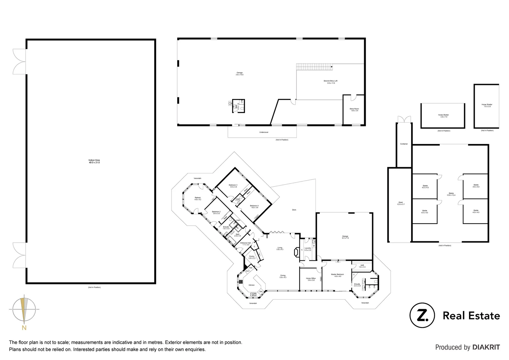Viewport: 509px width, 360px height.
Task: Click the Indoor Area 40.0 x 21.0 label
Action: [x=94, y=161]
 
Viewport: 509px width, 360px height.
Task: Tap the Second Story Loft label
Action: [x=330, y=82]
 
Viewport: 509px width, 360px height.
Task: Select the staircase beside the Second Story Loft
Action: [x=314, y=67]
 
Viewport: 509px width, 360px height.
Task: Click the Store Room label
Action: [x=354, y=110]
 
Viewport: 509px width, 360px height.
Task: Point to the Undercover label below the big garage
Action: [x=263, y=132]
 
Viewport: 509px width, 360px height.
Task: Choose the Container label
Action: [x=404, y=144]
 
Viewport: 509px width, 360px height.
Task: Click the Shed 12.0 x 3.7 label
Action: [x=400, y=203]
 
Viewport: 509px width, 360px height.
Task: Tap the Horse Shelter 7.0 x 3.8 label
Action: [x=487, y=105]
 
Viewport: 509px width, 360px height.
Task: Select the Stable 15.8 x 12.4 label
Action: [x=451, y=194]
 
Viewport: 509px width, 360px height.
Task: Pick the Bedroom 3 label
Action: [x=233, y=186]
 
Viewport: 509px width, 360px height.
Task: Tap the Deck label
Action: [x=294, y=210]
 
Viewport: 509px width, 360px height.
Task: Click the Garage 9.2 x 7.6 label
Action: [x=345, y=237]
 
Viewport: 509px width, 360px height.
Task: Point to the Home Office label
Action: [x=310, y=279]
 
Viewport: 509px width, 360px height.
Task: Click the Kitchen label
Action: [x=252, y=285]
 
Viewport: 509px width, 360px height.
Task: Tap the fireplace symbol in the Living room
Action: [x=295, y=252]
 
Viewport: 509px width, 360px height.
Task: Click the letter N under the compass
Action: [x=24, y=328]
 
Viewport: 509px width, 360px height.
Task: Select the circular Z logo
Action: [x=422, y=315]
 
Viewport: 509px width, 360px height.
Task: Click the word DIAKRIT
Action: [x=486, y=347]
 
